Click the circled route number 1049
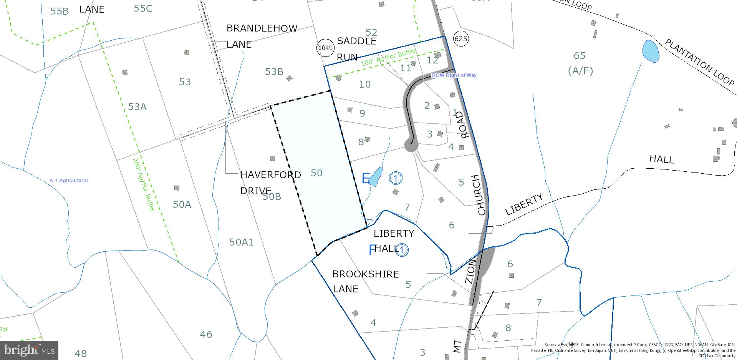(x=325, y=48)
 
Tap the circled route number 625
(x=460, y=38)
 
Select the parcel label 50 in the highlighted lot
(x=316, y=173)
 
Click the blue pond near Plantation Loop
(x=650, y=51)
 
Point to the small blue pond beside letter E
(x=376, y=176)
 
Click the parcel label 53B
(x=274, y=71)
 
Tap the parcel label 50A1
(x=241, y=242)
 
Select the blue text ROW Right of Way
(x=454, y=75)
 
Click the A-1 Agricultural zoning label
(x=68, y=180)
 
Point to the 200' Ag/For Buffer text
(x=143, y=184)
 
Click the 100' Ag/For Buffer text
(x=388, y=57)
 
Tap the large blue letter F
(x=371, y=250)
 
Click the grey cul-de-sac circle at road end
(x=411, y=146)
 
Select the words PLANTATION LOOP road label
(x=699, y=62)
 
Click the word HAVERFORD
(x=270, y=175)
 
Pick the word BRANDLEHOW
(x=262, y=28)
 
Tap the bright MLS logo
(x=29, y=350)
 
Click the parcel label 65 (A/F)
(x=580, y=63)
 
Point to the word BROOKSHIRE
(x=365, y=274)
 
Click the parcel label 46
(x=206, y=334)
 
